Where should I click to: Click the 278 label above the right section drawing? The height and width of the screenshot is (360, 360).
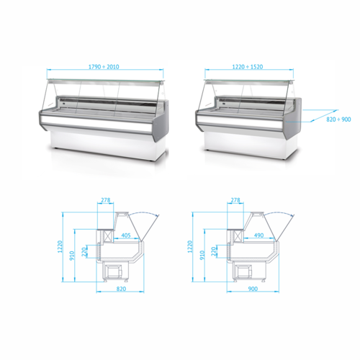pyautogui.click(x=235, y=201)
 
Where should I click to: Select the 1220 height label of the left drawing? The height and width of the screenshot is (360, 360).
pyautogui.click(x=63, y=249)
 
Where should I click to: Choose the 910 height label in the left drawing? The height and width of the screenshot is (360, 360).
pyautogui.click(x=72, y=256)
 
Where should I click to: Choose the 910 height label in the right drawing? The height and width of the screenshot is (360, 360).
pyautogui.click(x=202, y=256)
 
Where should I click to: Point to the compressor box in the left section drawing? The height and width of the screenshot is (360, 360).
pyautogui.click(x=114, y=271)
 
